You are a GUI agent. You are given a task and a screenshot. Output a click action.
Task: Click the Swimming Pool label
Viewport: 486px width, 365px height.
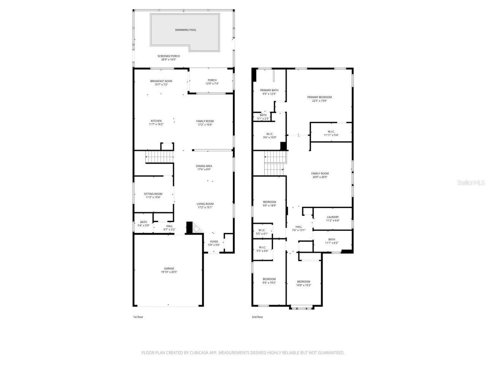click(186, 30)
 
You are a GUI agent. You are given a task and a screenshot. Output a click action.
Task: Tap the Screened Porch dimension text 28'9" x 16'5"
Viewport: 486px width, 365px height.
click(169, 60)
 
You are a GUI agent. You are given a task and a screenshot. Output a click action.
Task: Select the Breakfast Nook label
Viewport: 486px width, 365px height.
click(161, 81)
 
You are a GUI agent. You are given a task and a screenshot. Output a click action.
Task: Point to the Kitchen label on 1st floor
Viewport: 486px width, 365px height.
click(156, 121)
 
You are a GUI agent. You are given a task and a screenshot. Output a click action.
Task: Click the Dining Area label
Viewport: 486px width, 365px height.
click(204, 166)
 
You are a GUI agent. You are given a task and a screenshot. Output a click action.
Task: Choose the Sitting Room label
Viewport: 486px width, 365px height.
click(153, 194)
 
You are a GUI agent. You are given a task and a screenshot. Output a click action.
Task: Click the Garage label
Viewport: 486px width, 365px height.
click(169, 268)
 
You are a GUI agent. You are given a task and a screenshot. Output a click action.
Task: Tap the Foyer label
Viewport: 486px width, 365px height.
click(214, 241)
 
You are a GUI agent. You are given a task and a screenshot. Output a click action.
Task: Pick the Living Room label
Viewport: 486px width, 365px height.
click(205, 204)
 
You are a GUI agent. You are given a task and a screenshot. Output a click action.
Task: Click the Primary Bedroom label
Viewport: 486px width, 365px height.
click(319, 97)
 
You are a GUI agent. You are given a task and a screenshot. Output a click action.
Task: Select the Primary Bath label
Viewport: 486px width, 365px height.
click(269, 90)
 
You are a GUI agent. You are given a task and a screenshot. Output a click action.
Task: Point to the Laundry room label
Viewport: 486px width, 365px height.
click(333, 217)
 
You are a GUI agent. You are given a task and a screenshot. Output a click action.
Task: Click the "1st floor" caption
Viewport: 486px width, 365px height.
click(138, 317)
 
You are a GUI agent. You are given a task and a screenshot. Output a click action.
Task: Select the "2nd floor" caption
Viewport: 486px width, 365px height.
click(257, 317)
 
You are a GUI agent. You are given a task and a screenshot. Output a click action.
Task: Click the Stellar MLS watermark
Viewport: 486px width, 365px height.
click(471, 182)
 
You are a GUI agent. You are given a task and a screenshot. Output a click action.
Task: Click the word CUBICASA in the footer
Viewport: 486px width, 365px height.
click(201, 353)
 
